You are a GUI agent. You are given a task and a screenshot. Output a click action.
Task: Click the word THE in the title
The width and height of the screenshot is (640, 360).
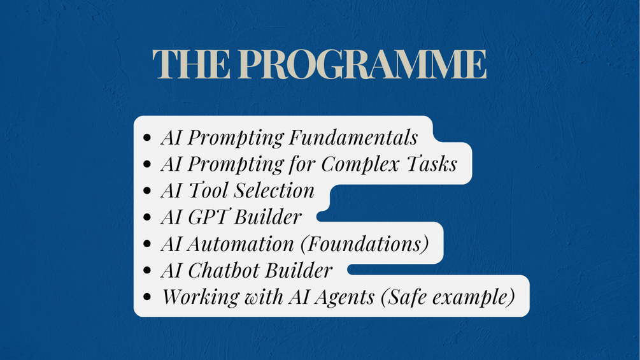pyautogui.click(x=191, y=64)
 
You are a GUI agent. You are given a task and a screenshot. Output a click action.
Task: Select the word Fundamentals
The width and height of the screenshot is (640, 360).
pyautogui.click(x=353, y=137)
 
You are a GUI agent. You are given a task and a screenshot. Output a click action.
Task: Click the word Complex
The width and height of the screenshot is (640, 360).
pyautogui.click(x=360, y=165)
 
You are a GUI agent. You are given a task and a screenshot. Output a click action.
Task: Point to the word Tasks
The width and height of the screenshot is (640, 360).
pyautogui.click(x=432, y=164)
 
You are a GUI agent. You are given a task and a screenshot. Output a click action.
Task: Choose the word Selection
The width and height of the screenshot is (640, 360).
pyautogui.click(x=274, y=191)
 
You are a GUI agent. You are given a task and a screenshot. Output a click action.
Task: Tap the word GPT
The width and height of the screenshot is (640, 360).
pyautogui.click(x=208, y=217)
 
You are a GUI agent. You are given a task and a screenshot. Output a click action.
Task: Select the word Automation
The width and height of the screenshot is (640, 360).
pyautogui.click(x=241, y=243)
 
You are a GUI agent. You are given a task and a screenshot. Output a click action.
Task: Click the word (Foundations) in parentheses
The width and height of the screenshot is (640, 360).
pyautogui.click(x=364, y=244)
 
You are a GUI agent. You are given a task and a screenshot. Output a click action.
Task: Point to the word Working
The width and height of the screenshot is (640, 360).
pyautogui.click(x=201, y=297)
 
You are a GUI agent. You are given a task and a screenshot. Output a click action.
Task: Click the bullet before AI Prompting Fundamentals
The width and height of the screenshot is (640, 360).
pyautogui.click(x=147, y=138)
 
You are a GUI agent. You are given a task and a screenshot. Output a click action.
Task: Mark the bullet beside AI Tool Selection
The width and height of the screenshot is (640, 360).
pyautogui.click(x=147, y=191)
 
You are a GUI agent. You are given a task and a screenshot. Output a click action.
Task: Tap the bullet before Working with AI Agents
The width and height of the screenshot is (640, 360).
pyautogui.click(x=147, y=297)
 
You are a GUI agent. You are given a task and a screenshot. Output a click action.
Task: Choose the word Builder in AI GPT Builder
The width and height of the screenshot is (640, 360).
pyautogui.click(x=267, y=217)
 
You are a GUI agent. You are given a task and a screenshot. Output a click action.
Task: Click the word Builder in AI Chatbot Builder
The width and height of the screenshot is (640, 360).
pyautogui.click(x=299, y=270)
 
